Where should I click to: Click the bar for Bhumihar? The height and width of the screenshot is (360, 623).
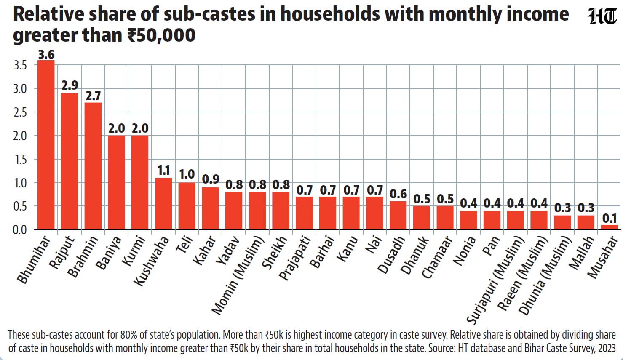[46, 145]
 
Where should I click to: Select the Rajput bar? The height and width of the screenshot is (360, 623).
[70, 161]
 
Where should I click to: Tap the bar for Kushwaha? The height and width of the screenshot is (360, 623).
[163, 203]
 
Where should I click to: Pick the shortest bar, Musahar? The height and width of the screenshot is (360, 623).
[609, 227]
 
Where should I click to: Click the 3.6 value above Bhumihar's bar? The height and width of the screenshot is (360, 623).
[46, 55]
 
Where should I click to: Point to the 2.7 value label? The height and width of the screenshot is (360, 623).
[93, 96]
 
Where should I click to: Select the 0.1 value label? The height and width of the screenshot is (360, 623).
[610, 219]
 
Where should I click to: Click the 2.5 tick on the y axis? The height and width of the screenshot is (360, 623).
[20, 112]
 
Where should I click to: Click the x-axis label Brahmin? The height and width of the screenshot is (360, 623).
[83, 256]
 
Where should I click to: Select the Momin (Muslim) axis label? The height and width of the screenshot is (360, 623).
[238, 275]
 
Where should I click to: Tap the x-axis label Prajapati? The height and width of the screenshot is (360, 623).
[295, 258]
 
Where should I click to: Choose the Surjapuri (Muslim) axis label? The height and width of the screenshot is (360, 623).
[495, 280]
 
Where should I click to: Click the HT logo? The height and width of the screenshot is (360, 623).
[603, 16]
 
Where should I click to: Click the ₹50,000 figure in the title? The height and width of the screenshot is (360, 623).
[161, 35]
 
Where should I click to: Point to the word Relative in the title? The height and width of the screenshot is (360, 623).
[48, 14]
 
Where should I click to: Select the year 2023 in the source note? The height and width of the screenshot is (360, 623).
[606, 348]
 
